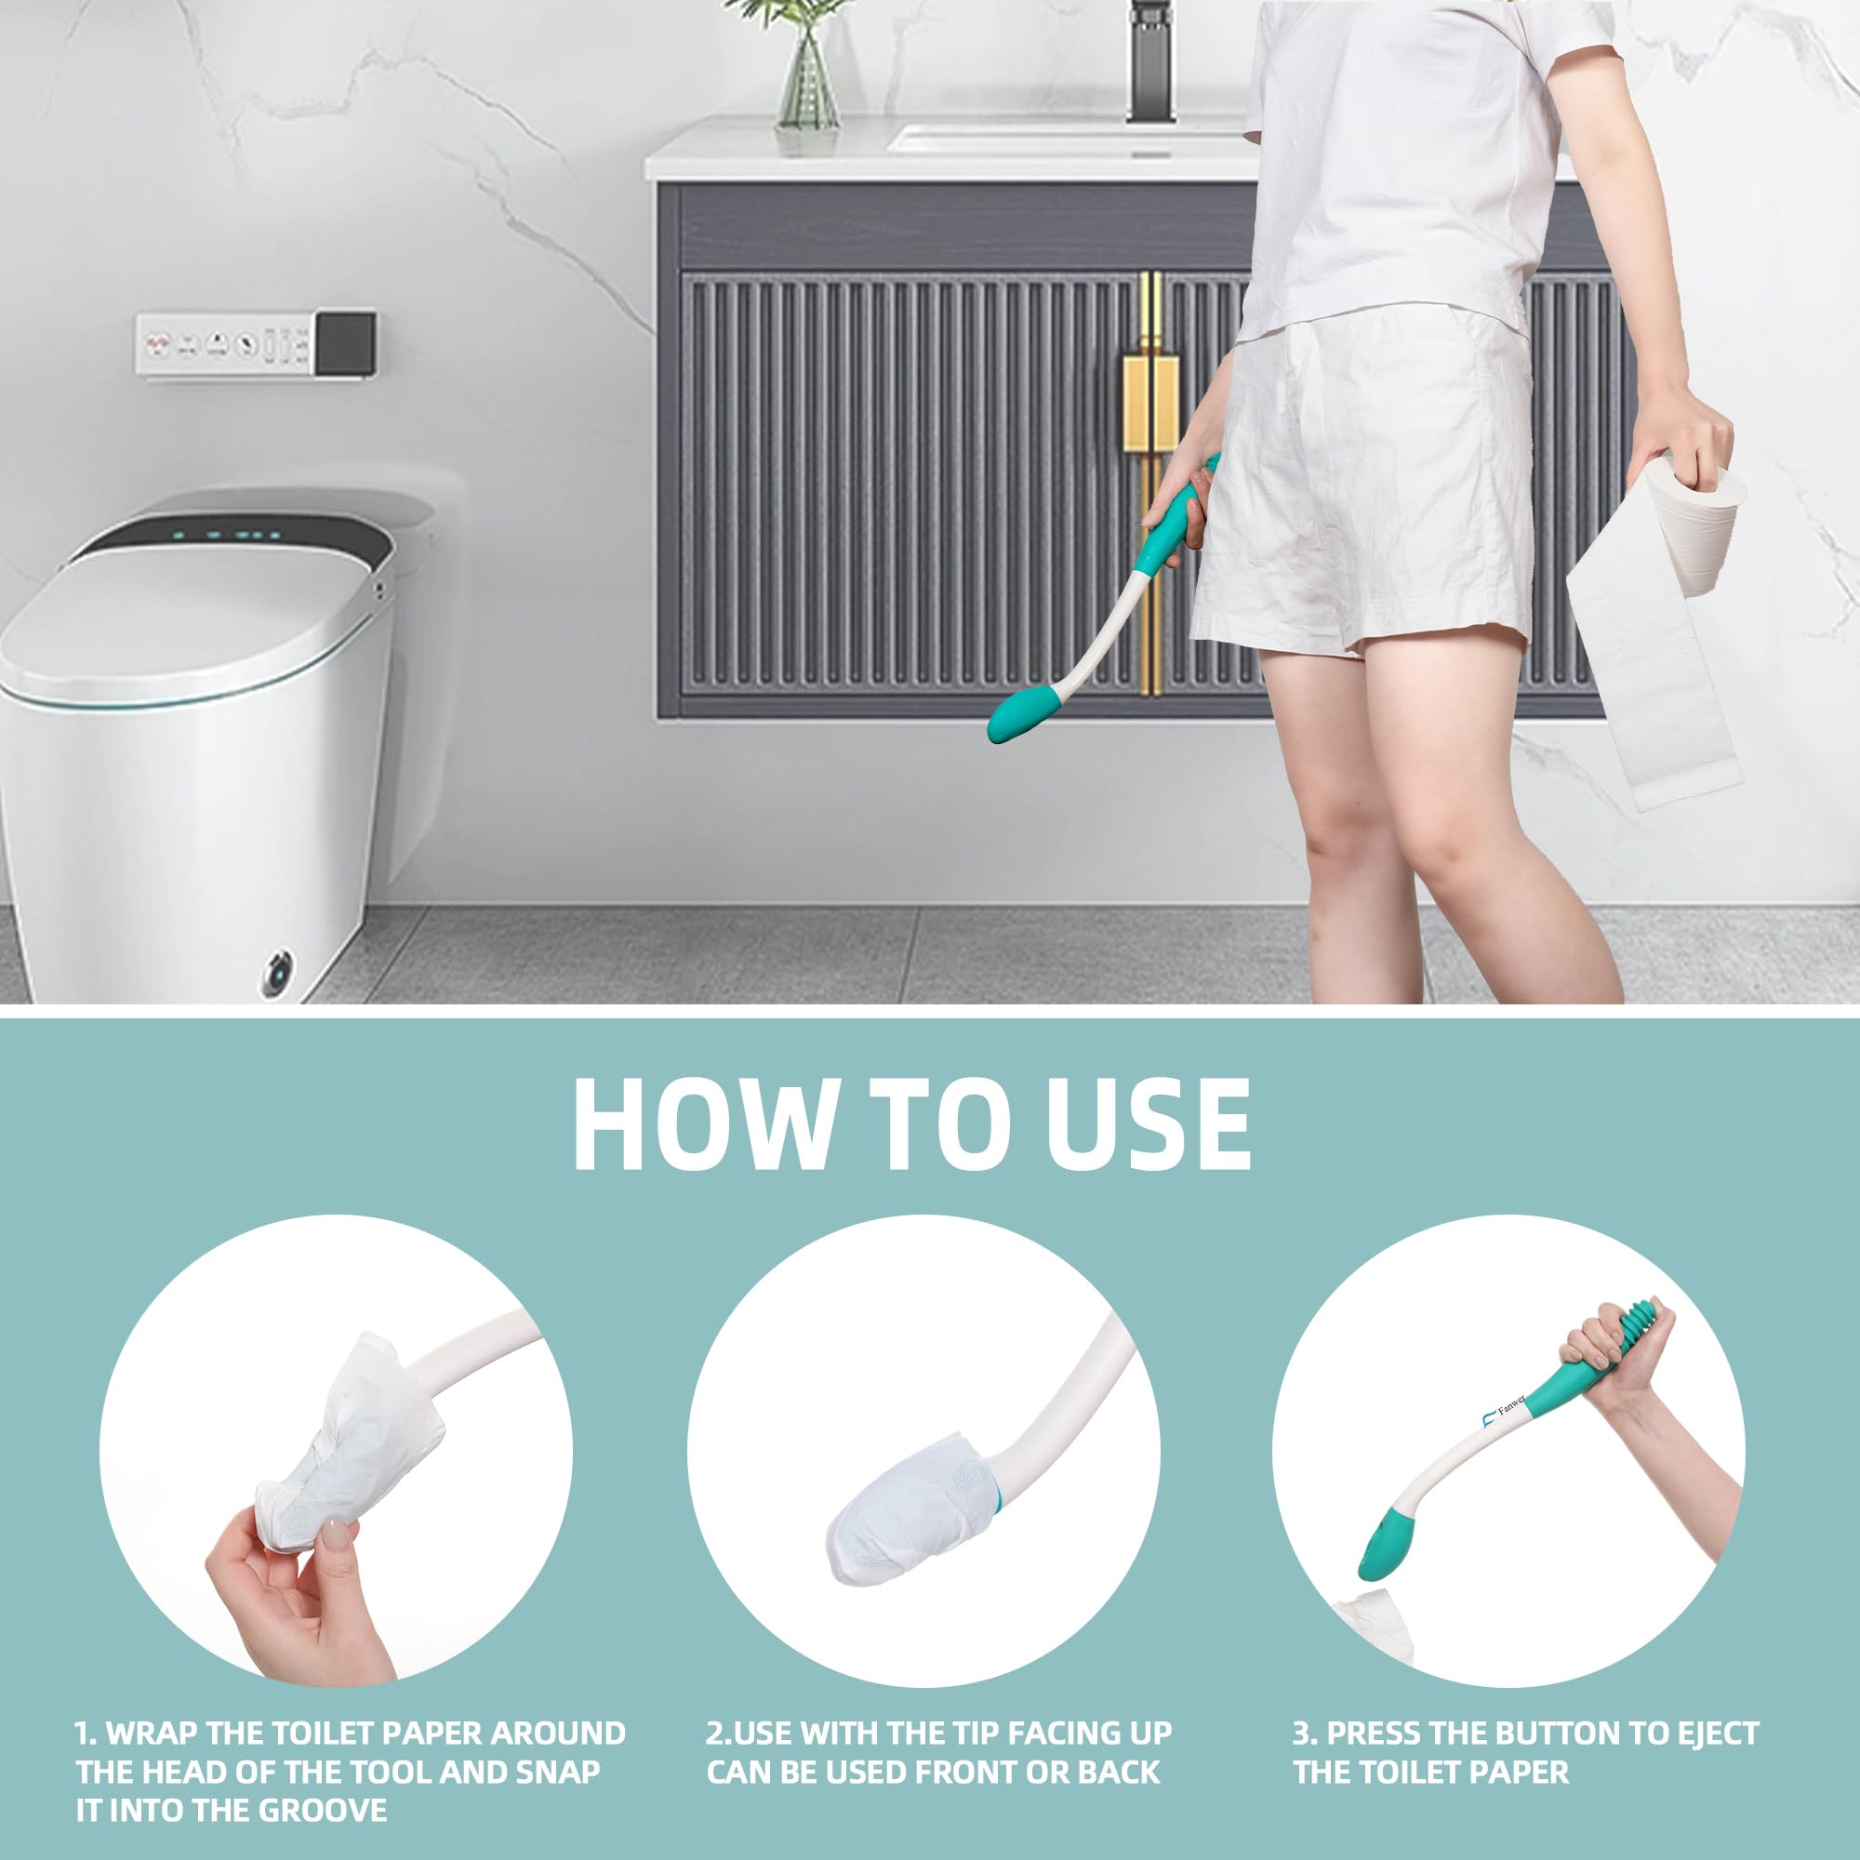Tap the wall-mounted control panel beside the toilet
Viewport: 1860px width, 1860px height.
255,344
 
